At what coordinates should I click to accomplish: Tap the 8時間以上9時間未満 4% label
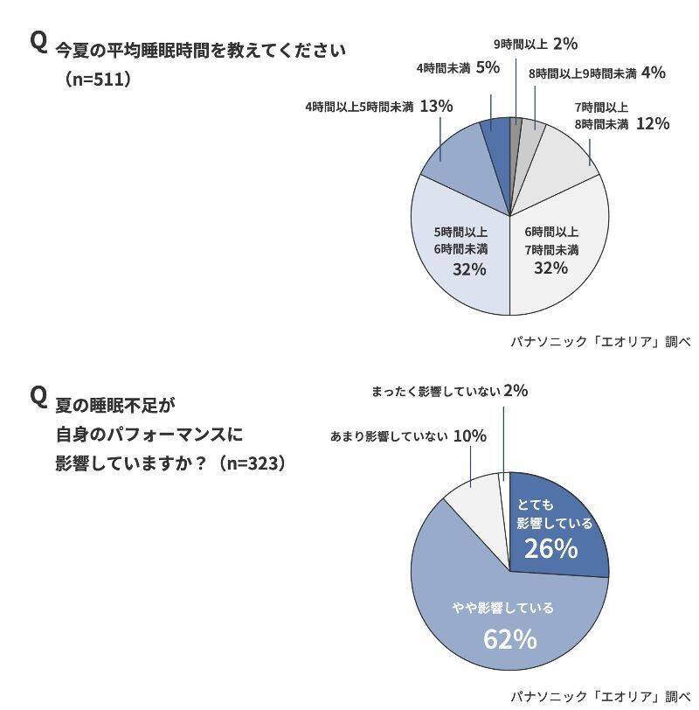click(597, 73)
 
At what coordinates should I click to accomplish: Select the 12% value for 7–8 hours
click(652, 124)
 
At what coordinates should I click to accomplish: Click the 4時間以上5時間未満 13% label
click(378, 107)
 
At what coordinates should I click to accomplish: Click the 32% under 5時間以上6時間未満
click(468, 269)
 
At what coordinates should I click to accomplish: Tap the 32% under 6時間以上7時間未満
click(550, 268)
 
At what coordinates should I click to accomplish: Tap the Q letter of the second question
click(38, 396)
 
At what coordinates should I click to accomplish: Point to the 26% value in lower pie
click(550, 549)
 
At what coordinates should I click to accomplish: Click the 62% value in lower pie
click(509, 639)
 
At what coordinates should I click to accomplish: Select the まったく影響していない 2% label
click(449, 392)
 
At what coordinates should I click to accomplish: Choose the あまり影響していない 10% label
click(408, 435)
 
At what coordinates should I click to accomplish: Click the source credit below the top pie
click(600, 342)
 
